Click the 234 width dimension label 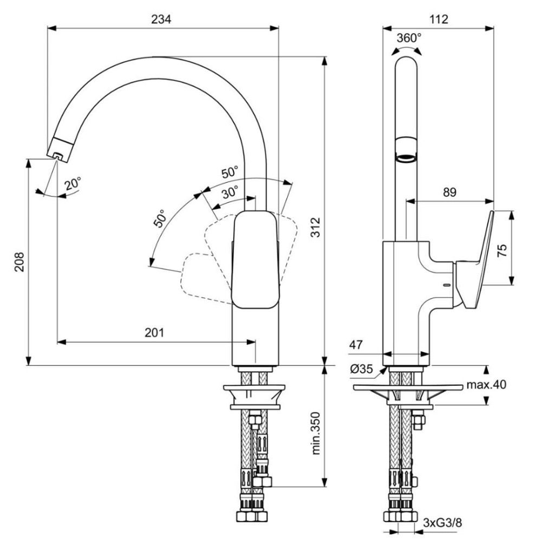pyautogui.click(x=161, y=19)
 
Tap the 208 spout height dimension pyautogui.click(x=19, y=262)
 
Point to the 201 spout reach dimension pyautogui.click(x=154, y=333)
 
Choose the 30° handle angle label pyautogui.click(x=230, y=192)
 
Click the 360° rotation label pyautogui.click(x=409, y=37)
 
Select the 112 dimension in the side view pyautogui.click(x=439, y=19)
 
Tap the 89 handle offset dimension pyautogui.click(x=449, y=192)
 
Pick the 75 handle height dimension pyautogui.click(x=502, y=250)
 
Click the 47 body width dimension pyautogui.click(x=356, y=344)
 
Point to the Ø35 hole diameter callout pyautogui.click(x=361, y=369)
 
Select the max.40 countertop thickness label pyautogui.click(x=486, y=384)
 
